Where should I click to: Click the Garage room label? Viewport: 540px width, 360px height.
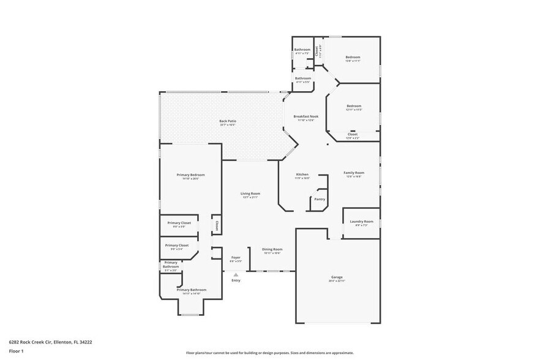click(x=338, y=277)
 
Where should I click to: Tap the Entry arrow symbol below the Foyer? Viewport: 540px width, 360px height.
click(x=236, y=276)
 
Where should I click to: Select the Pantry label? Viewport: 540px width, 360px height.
click(x=319, y=199)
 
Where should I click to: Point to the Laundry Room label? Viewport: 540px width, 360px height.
click(x=361, y=221)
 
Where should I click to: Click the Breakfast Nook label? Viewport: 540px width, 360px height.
click(x=306, y=116)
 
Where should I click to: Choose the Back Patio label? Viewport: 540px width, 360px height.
click(x=228, y=121)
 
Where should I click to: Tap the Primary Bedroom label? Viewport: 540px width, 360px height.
click(x=190, y=175)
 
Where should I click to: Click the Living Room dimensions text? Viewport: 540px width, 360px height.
click(x=250, y=197)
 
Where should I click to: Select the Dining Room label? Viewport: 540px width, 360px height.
click(x=272, y=249)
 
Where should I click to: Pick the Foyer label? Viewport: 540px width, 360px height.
click(x=236, y=257)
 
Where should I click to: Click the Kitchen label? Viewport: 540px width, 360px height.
click(x=302, y=174)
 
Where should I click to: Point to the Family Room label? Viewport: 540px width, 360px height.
click(x=353, y=173)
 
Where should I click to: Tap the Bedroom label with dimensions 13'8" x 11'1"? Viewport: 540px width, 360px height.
click(x=353, y=57)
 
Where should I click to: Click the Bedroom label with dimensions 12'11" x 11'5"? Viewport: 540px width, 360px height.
click(x=354, y=105)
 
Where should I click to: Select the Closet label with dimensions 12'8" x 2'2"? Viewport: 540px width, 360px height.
click(x=353, y=134)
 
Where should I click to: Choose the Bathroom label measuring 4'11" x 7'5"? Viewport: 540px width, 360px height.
click(x=302, y=50)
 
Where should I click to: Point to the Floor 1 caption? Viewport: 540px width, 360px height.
click(x=16, y=351)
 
